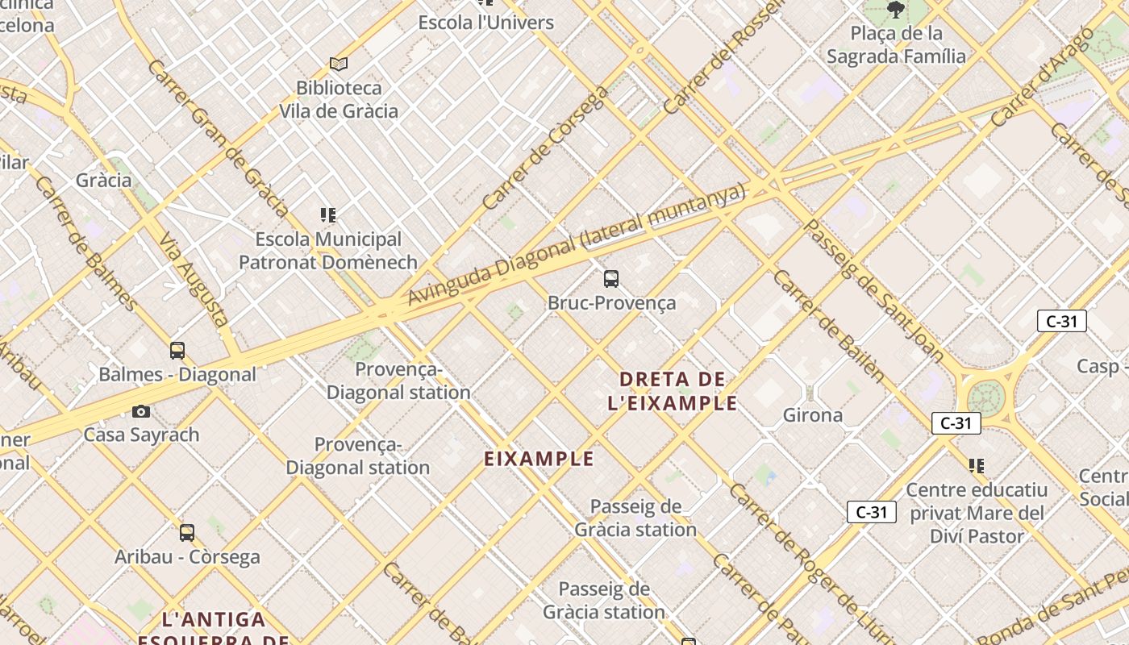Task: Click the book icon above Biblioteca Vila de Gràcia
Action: [339, 64]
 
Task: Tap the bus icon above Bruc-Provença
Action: [611, 279]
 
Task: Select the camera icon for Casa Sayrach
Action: [141, 411]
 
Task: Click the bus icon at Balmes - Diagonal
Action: [177, 351]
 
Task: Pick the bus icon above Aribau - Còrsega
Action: [187, 533]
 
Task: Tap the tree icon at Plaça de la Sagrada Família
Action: [895, 10]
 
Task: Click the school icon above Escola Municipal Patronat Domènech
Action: [327, 214]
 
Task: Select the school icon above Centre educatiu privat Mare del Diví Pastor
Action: [977, 465]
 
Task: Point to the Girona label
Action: [813, 415]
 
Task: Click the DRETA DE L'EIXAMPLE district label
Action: [673, 391]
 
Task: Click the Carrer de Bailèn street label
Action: [827, 326]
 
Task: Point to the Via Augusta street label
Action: [194, 280]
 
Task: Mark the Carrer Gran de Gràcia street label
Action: [218, 138]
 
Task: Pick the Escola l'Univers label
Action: [485, 22]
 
